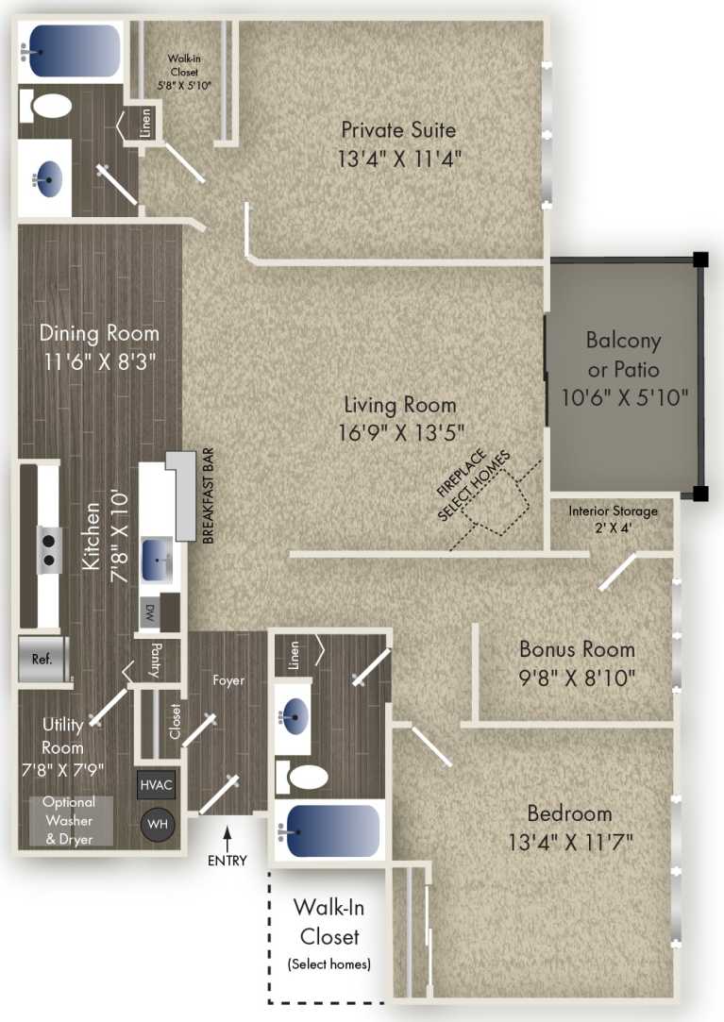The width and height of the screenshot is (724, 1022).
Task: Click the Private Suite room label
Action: pos(398,129)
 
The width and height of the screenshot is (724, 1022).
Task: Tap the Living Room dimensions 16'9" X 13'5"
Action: pos(399,434)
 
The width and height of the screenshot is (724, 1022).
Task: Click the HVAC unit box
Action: pos(156,784)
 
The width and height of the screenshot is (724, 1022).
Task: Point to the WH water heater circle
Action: pos(158,824)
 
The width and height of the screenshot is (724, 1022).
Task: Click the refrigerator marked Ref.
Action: pos(43,659)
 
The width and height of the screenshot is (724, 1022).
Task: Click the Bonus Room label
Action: pos(577,649)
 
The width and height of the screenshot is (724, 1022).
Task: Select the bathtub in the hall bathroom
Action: pos(329,829)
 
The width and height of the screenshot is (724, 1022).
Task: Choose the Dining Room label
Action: pos(99,333)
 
